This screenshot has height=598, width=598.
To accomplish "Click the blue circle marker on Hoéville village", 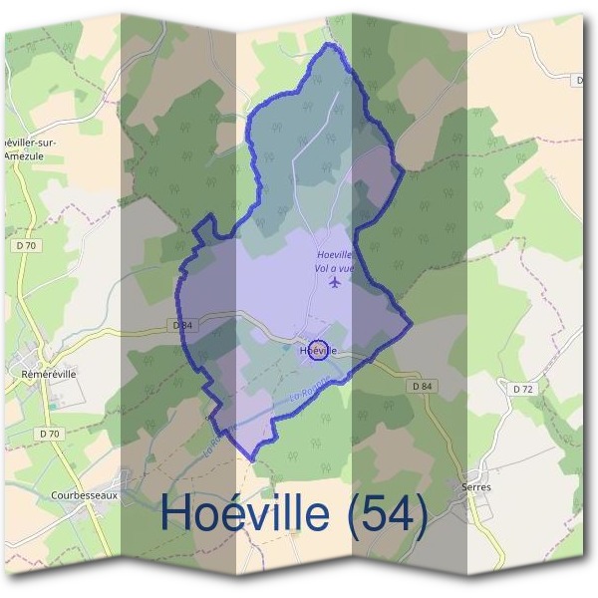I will coord(319,350).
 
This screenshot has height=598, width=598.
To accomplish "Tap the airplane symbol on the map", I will coord(334,282).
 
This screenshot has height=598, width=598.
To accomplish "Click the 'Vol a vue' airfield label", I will coord(334,268).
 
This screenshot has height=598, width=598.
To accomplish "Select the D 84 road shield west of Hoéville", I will coord(181,325).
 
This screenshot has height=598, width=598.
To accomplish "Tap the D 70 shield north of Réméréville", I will coord(26,244).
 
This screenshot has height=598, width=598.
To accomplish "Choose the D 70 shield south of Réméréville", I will coord(49,434).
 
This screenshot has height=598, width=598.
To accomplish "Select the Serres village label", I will coord(476,487).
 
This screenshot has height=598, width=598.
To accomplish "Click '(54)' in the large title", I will coord(383,514).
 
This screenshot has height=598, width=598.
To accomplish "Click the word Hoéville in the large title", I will coord(245,514).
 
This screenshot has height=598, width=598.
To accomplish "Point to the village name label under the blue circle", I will coord(318,352).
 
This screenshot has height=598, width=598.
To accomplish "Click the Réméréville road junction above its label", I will coord(45,357).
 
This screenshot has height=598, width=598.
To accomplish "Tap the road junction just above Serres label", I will coord(478,468).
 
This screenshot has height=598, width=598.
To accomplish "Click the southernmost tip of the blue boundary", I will coord(250,458).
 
